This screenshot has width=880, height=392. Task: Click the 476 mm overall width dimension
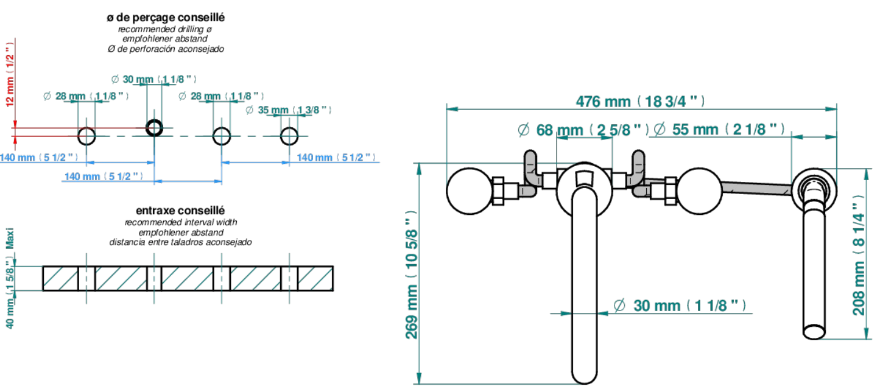[x=640, y=101]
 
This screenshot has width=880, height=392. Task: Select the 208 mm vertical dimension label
[x=859, y=255]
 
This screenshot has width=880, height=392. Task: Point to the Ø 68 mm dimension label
[x=583, y=130]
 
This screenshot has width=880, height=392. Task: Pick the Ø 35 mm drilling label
[x=289, y=110]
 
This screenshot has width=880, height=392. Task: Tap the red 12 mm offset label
[x=10, y=75]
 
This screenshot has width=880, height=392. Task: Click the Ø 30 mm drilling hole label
[x=154, y=79]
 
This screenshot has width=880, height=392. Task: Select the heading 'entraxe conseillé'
[x=180, y=211]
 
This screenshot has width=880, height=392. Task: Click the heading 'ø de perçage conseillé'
[x=166, y=18]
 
